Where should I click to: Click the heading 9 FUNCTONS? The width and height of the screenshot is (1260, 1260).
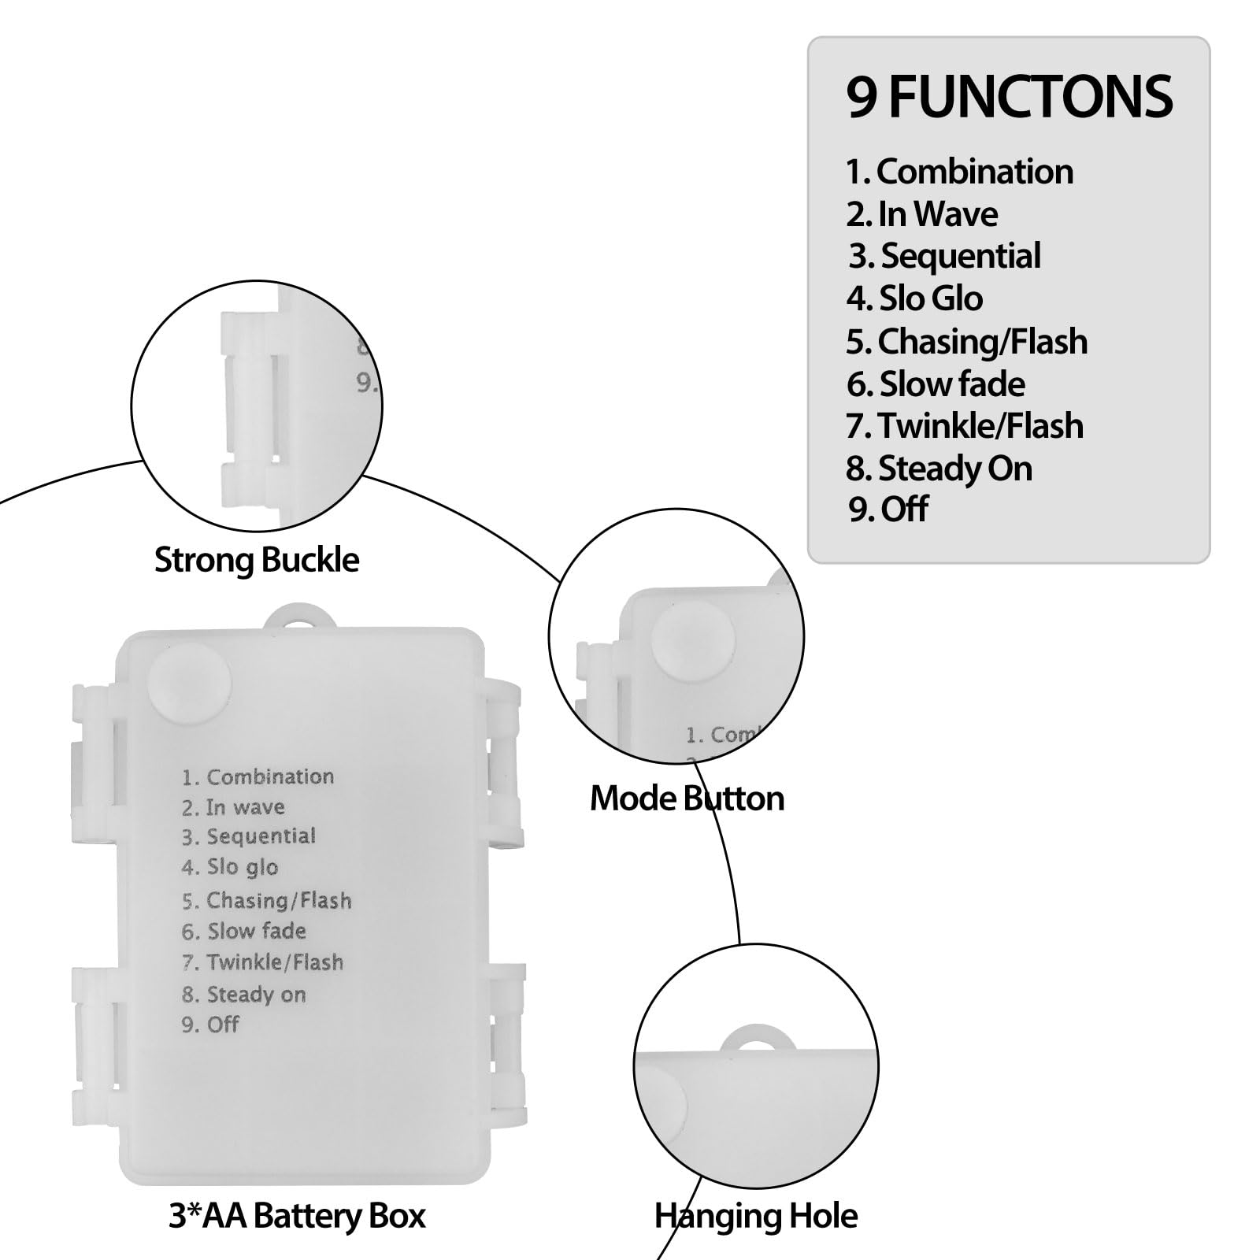pos(1009,97)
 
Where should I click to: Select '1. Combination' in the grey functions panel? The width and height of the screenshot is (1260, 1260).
pos(959,172)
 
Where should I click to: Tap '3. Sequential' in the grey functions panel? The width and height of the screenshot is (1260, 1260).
pos(944,256)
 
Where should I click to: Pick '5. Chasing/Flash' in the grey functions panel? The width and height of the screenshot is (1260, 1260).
pos(967,342)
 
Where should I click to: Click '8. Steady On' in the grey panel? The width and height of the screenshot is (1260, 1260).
pos(939,469)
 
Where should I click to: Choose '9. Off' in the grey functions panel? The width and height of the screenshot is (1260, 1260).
pos(888,510)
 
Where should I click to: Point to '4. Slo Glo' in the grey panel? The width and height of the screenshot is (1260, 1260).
pos(914,298)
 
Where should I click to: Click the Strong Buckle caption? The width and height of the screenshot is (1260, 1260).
pos(257,561)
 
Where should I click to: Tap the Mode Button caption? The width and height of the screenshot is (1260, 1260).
pos(687,799)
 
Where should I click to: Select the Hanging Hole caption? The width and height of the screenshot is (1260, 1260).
pos(756,1216)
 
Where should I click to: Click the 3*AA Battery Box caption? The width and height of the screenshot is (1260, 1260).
pos(297,1216)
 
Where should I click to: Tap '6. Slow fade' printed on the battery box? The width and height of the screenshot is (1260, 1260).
pos(243,932)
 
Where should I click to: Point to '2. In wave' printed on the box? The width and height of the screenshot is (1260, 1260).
pos(233,807)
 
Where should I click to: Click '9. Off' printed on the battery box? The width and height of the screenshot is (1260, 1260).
pos(210,1025)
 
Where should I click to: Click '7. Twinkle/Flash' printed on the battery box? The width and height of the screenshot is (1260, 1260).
pos(262,962)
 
